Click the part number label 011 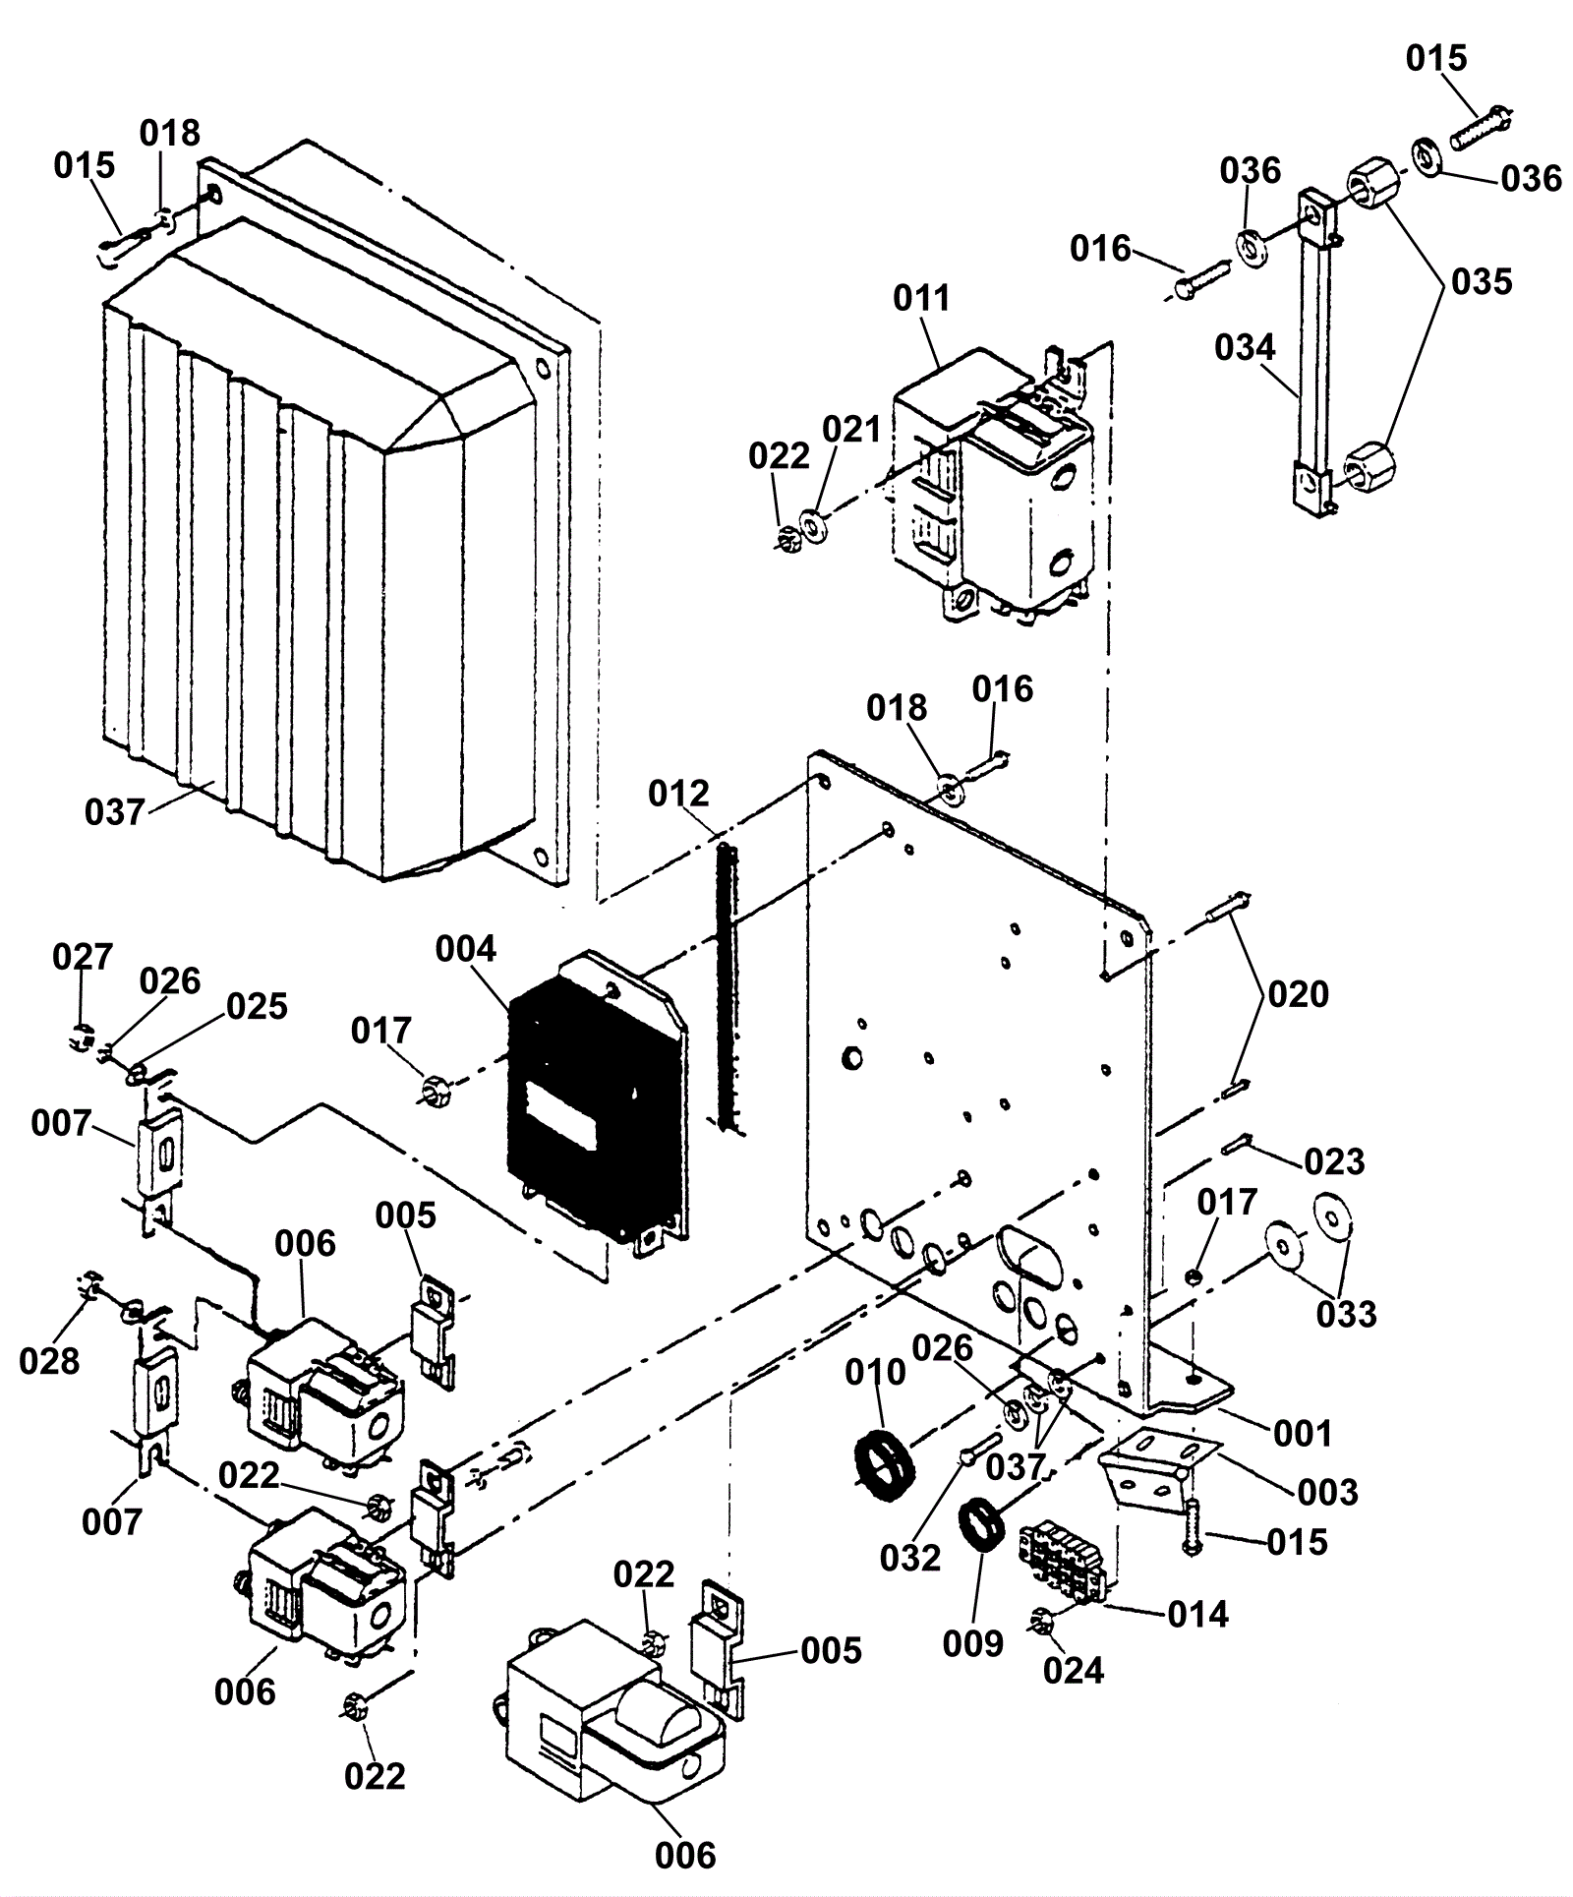click(x=921, y=298)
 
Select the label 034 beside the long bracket click(x=1245, y=347)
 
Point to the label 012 click(x=679, y=793)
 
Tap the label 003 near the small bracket click(x=1327, y=1492)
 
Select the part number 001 click(x=1303, y=1434)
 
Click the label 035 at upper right click(x=1482, y=282)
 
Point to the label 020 click(x=1298, y=994)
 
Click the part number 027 click(x=83, y=956)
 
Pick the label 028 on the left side click(x=49, y=1361)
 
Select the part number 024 click(x=1074, y=1670)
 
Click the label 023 click(x=1335, y=1162)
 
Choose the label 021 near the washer click(x=851, y=430)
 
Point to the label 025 click(x=257, y=1006)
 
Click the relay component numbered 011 click(x=993, y=482)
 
